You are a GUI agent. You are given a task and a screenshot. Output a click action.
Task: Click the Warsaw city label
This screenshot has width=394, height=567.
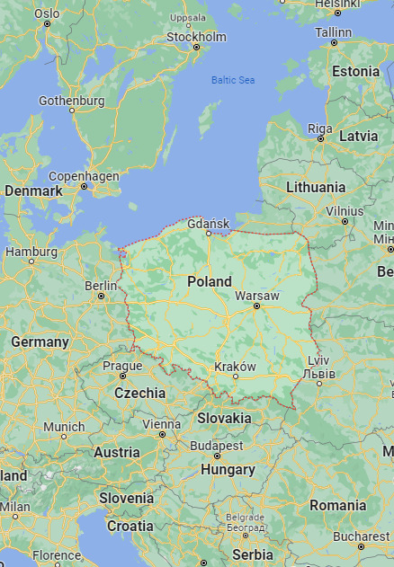(256, 296)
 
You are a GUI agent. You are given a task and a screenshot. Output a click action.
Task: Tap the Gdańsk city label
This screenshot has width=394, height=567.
(210, 224)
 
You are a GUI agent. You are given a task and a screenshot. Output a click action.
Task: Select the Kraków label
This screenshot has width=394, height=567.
(236, 367)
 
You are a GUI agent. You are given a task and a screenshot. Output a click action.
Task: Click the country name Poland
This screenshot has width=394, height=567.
(210, 281)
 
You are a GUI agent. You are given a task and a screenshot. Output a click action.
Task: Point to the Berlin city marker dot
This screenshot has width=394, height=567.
(101, 296)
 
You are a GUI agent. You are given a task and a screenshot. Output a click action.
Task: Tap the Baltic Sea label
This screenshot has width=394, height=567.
(233, 80)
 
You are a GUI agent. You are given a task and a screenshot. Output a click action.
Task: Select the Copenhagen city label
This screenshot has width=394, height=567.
(84, 176)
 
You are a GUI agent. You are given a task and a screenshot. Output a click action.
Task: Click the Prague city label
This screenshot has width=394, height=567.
(122, 366)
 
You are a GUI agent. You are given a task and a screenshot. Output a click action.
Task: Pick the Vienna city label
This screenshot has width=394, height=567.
(161, 423)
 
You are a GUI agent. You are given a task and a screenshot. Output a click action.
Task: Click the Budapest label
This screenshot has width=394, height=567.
(217, 445)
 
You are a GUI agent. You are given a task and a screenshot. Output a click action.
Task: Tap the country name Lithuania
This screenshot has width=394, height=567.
(316, 187)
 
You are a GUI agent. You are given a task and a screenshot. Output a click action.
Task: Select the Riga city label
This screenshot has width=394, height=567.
(320, 128)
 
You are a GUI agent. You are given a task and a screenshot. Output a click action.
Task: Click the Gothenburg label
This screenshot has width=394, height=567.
(72, 102)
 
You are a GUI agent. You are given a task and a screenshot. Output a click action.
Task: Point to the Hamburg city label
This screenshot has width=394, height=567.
(31, 252)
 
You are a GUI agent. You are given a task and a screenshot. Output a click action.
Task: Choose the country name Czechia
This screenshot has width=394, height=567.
(140, 393)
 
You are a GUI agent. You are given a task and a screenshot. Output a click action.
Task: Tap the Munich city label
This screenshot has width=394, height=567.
(64, 426)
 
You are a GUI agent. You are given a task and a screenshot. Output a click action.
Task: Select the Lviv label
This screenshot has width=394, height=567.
(318, 360)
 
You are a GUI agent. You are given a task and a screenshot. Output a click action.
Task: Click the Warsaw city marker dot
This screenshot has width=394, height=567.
(256, 306)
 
